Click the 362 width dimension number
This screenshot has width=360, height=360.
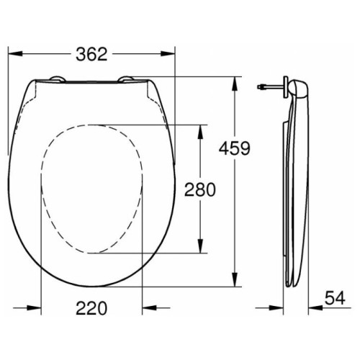(91, 54)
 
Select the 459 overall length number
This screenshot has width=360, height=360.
(235, 148)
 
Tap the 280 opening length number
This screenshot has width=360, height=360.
(200, 189)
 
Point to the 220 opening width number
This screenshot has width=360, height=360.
(91, 308)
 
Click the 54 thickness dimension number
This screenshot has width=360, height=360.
(335, 298)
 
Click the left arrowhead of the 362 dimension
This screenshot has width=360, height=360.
(15, 53)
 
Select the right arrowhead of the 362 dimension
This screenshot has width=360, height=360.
(168, 53)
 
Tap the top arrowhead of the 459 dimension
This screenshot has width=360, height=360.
(235, 84)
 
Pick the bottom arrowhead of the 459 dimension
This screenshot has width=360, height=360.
(235, 279)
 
